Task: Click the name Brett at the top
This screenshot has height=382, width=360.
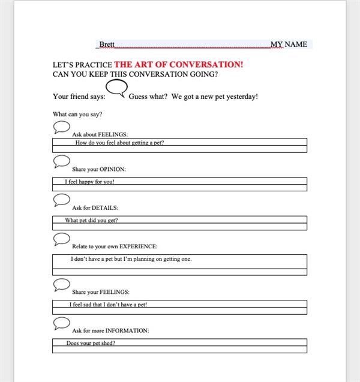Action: point(107,44)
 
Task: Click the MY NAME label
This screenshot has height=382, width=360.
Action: point(289,44)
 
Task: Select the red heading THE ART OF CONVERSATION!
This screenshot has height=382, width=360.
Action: point(178,65)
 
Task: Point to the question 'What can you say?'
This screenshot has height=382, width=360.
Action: point(77,114)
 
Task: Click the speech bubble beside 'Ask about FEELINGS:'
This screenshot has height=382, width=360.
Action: point(62,127)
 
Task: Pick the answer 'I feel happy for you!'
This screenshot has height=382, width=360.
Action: point(89,181)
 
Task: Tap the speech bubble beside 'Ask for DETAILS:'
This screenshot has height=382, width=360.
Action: point(62,200)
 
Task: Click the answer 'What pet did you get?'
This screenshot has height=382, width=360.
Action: point(91,220)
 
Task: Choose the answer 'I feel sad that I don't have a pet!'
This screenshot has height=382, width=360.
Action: point(107,305)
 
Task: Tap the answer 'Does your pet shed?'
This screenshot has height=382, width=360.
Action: point(91,343)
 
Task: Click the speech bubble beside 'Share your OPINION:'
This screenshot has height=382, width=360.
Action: point(62,161)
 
